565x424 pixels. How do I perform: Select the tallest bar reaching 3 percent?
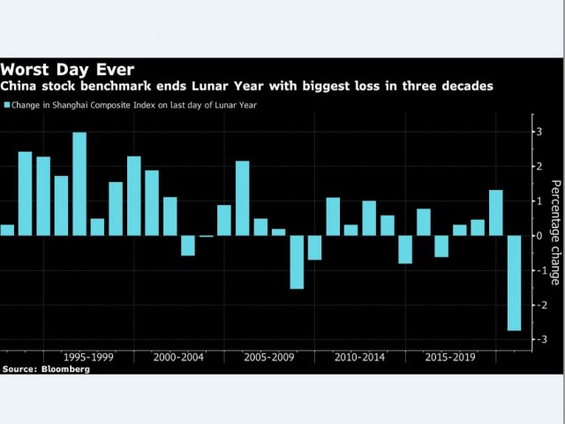point(79,184)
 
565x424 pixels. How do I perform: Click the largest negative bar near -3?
point(514,283)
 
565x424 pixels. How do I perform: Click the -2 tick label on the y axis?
point(538,305)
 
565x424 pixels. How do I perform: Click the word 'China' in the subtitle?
point(19,87)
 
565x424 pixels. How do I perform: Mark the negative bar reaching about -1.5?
point(297,261)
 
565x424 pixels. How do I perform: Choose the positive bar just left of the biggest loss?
point(495,213)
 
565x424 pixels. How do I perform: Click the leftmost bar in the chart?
point(7,230)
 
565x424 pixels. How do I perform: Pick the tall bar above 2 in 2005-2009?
point(242,198)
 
